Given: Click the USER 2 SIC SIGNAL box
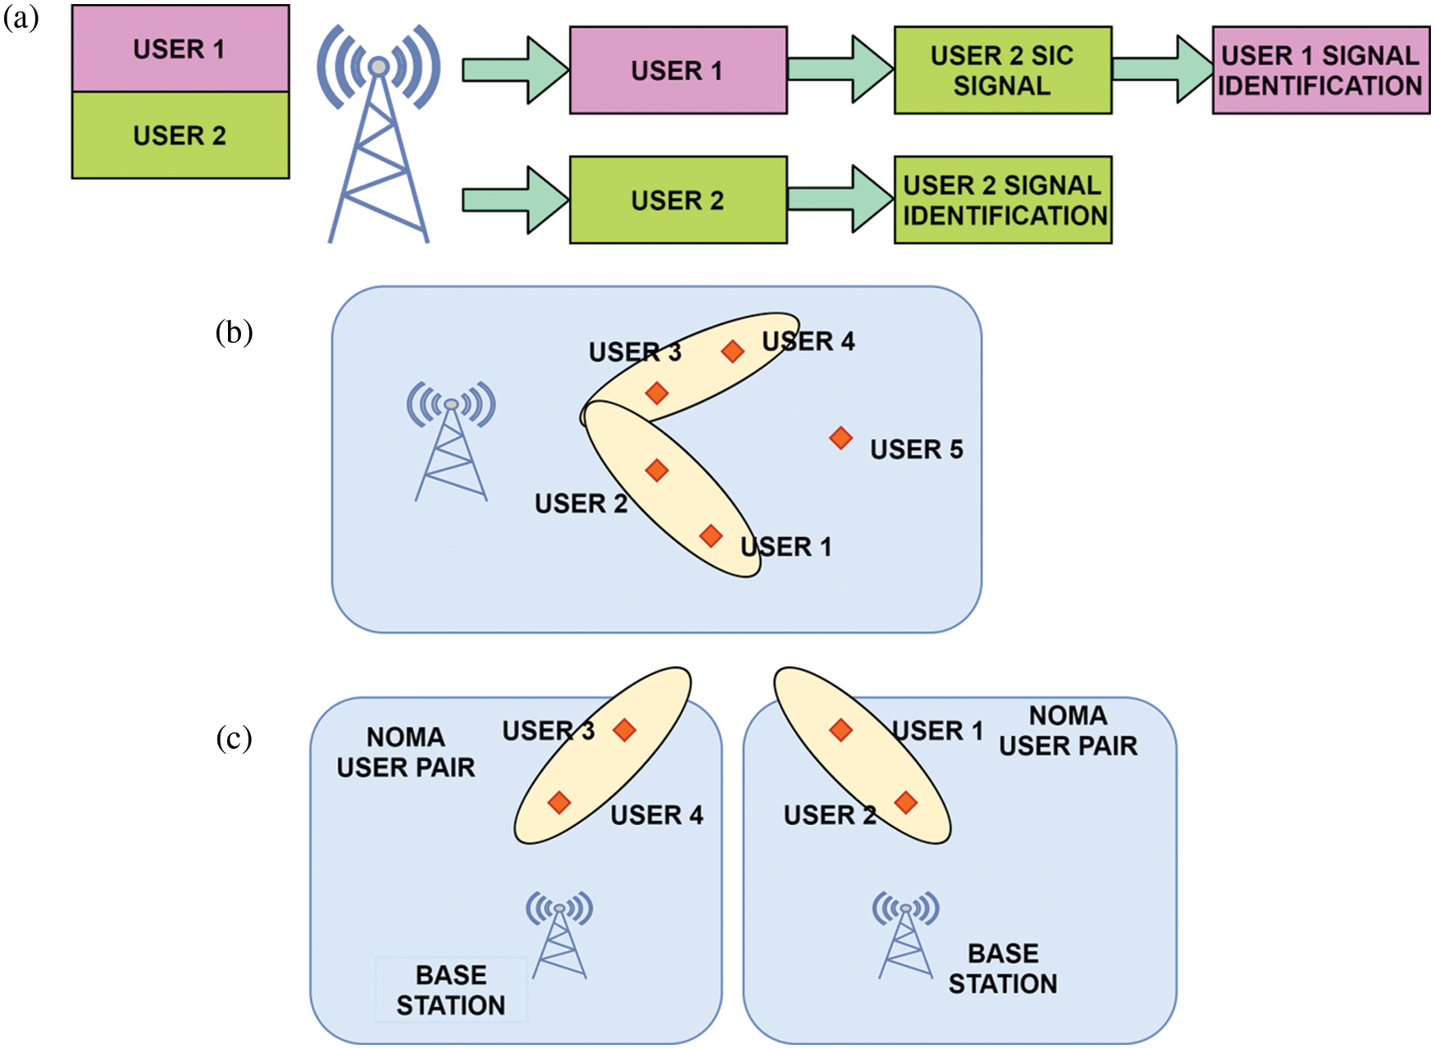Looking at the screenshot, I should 1002,71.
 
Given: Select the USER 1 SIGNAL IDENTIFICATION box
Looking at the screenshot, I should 1320,71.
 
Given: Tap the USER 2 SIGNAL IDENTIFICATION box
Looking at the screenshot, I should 1002,200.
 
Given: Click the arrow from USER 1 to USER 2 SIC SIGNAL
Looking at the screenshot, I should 840,70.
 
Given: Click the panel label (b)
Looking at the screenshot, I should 234,332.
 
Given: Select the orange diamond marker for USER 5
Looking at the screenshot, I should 840,438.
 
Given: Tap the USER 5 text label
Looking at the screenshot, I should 916,449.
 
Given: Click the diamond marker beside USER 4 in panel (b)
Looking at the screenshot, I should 732,352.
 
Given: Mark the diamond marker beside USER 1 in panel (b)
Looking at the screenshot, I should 711,536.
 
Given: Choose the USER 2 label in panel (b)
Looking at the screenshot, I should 581,504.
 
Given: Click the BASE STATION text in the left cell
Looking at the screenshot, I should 451,990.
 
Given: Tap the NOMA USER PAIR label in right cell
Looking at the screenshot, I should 1068,731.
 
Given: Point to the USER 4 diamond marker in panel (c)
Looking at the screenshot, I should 559,802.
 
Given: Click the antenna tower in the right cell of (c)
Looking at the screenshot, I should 905,936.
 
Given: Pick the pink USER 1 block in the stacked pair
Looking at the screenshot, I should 180,49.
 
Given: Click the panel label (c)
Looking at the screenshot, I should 234,738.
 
